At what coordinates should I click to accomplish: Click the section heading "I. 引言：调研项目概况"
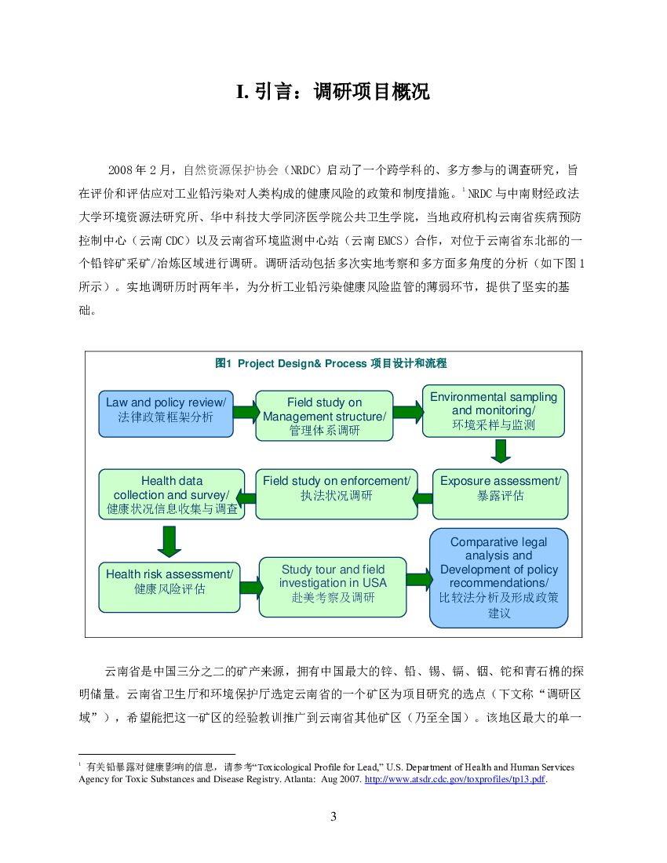point(333,92)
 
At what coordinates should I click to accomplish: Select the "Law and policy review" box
point(166,413)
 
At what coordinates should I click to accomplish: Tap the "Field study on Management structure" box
point(324,416)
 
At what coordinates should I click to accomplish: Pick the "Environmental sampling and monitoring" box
point(493,411)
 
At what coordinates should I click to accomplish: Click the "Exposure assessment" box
point(500,493)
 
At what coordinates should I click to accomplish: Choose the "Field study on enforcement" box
point(336,493)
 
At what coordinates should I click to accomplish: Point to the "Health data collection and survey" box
point(172,494)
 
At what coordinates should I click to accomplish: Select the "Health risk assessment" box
point(169,585)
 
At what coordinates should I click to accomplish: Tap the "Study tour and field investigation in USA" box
point(333,585)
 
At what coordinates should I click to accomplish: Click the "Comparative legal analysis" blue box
point(498,577)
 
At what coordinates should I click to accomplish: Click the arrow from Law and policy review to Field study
point(246,411)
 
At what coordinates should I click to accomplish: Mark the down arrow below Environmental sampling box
point(501,450)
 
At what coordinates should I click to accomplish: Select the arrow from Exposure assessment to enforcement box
point(422,497)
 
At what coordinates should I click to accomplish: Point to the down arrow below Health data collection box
point(169,540)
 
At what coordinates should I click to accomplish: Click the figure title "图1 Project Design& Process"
point(330,363)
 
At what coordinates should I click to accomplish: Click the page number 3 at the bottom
point(333,817)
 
